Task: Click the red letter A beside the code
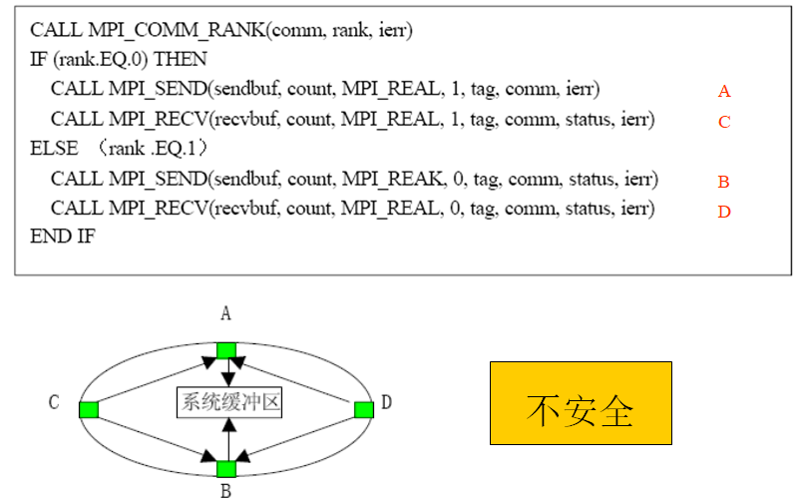[x=724, y=92]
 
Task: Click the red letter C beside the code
[x=724, y=122]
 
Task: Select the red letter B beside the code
[x=724, y=182]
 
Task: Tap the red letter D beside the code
[x=724, y=212]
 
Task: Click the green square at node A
[x=226, y=349]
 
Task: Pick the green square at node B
[x=226, y=468]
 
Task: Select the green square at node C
[x=89, y=408]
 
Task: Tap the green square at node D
[x=364, y=408]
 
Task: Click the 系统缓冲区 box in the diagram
[x=228, y=403]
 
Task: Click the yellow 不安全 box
[x=580, y=403]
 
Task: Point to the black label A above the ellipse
[x=226, y=314]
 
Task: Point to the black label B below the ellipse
[x=226, y=491]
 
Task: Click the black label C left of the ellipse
[x=54, y=402]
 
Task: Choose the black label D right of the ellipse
[x=386, y=402]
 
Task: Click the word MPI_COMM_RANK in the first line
[x=146, y=31]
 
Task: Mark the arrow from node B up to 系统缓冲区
[x=228, y=439]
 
